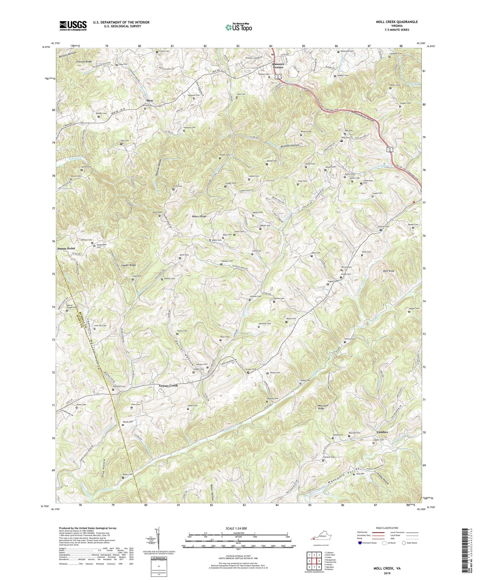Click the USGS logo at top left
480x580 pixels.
tap(73, 26)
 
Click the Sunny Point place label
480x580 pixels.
tap(66, 248)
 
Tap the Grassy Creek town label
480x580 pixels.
tap(168, 386)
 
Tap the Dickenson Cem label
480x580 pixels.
tap(347, 51)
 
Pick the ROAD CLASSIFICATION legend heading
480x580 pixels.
tap(387, 528)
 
